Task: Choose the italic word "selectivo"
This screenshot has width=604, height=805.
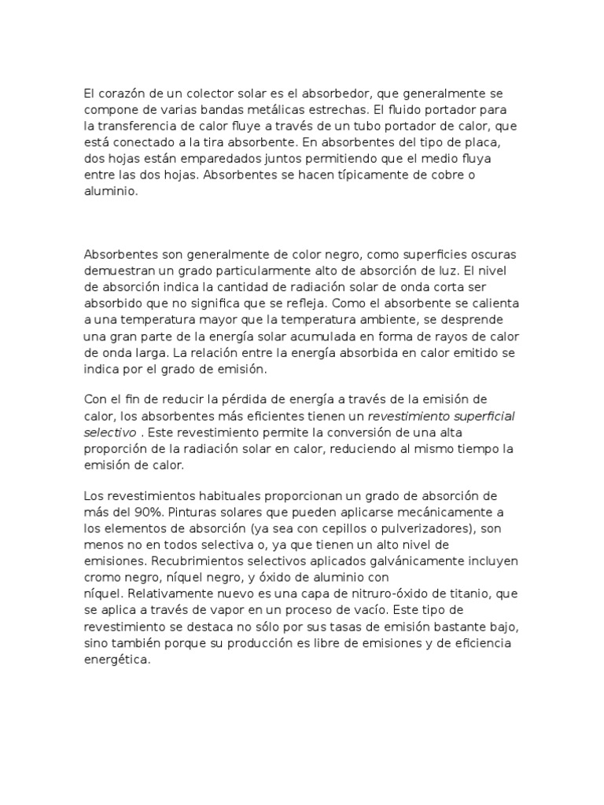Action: [x=109, y=432]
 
